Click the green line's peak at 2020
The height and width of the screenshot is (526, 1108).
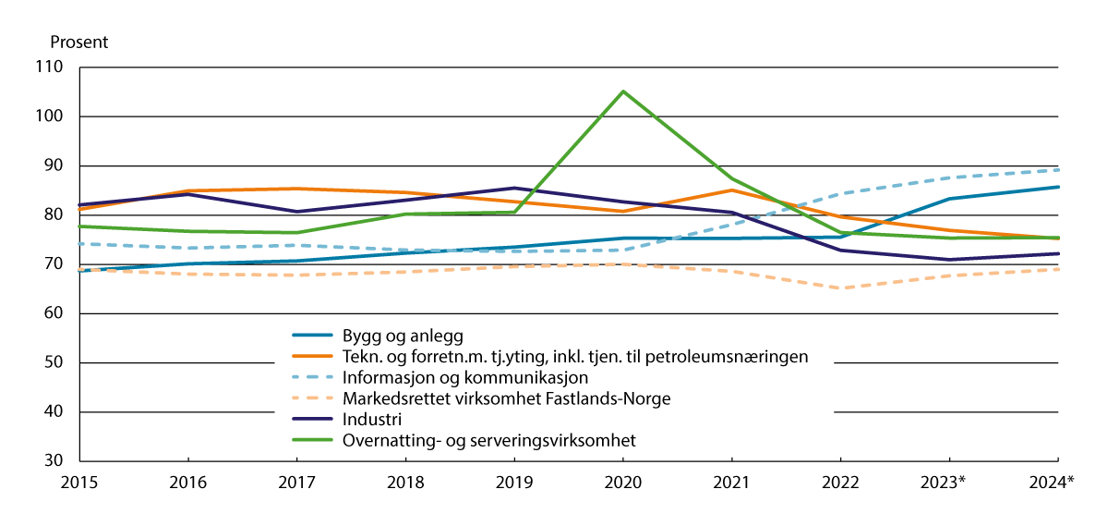point(623,92)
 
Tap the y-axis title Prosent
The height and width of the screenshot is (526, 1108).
point(78,42)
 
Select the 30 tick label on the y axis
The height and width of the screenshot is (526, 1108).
point(54,460)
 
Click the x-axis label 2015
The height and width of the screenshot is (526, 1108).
point(80,482)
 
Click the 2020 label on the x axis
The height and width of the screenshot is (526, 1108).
point(623,482)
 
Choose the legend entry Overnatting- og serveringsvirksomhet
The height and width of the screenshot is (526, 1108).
point(489,440)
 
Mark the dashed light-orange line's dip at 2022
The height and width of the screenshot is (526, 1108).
point(840,287)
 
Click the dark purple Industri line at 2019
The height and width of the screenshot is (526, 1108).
point(514,189)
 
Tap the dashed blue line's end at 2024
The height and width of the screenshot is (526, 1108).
point(1057,169)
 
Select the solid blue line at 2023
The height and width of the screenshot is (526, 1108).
point(949,199)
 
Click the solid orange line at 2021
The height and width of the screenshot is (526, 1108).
point(732,190)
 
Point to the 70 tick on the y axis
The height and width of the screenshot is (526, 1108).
point(54,264)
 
